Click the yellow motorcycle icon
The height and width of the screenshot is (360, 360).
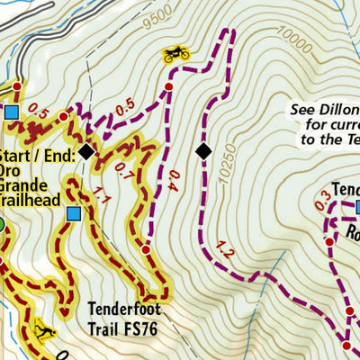pyautogui.click(x=175, y=54)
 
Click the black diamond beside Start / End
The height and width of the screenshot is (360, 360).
pyautogui.click(x=85, y=151)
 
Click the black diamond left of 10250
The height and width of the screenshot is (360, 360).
pyautogui.click(x=203, y=151)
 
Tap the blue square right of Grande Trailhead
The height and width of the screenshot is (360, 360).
pyautogui.click(x=74, y=213)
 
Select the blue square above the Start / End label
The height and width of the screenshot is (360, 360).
pyautogui.click(x=12, y=112)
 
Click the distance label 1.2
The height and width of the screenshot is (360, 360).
pyautogui.click(x=224, y=254)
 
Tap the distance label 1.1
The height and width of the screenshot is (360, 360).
pyautogui.click(x=96, y=201)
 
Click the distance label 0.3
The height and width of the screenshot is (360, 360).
pyautogui.click(x=322, y=201)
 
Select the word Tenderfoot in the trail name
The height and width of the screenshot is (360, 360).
pyautogui.click(x=126, y=304)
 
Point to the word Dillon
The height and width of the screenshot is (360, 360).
pyautogui.click(x=333, y=111)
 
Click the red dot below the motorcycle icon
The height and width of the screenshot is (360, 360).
pyautogui.click(x=167, y=86)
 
